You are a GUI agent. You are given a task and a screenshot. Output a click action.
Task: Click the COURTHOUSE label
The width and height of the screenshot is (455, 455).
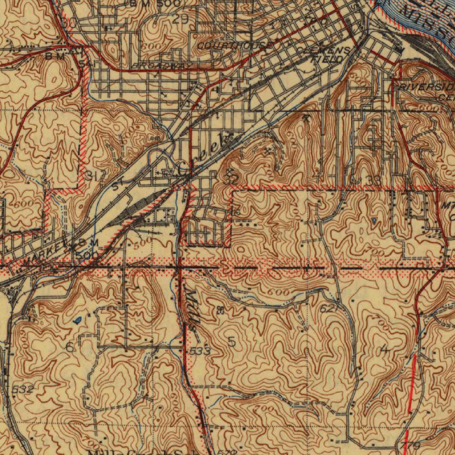[x=232, y=46]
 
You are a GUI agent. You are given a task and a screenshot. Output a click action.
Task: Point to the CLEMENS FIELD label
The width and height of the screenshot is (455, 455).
[x=327, y=54]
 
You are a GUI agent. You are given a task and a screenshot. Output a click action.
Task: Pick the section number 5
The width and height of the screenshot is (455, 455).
[x=231, y=341]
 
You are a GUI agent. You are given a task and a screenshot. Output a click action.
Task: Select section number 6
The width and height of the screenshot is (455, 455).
[x=70, y=347]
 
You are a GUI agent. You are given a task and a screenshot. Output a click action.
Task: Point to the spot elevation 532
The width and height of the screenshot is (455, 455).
[x=22, y=390]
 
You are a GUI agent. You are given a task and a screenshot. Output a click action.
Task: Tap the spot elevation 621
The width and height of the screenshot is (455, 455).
[x=328, y=307]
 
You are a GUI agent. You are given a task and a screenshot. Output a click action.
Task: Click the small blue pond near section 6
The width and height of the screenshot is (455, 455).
[x=78, y=319]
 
